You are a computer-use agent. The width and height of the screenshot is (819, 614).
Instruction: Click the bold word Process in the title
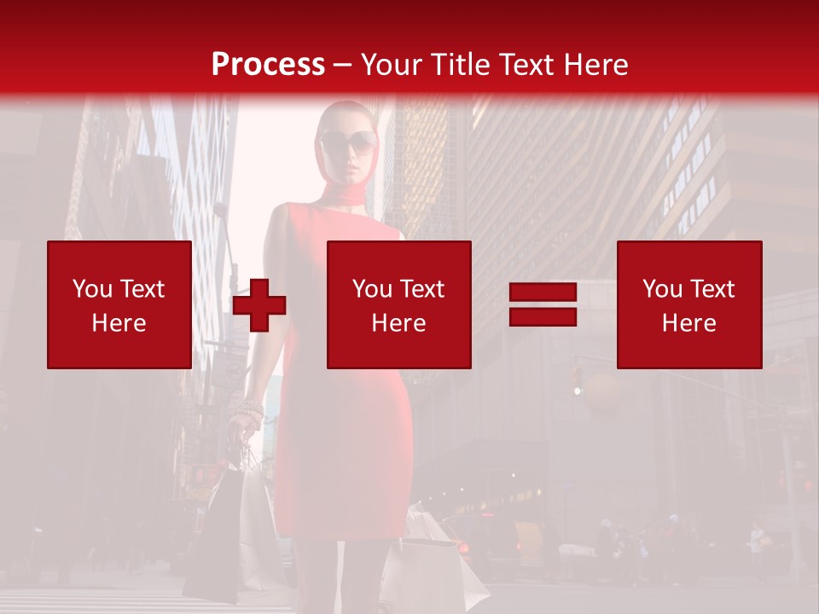[268, 64]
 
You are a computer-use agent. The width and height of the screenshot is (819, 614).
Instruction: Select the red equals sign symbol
[543, 304]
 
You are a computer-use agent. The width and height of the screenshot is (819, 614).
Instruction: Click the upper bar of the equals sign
[543, 293]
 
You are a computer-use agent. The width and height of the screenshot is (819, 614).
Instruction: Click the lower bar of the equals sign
[543, 316]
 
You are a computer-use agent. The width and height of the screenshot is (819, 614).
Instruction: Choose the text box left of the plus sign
[119, 304]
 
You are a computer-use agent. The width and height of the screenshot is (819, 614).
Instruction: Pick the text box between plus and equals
[398, 304]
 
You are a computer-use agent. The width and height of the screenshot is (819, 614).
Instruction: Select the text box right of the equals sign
[688, 304]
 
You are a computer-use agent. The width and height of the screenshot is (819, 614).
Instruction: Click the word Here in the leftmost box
[119, 323]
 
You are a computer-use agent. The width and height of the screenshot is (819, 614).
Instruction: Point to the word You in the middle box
[372, 289]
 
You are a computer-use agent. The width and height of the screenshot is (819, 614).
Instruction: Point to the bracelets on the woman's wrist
[251, 413]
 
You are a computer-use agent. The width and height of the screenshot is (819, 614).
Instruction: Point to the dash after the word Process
[343, 65]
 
